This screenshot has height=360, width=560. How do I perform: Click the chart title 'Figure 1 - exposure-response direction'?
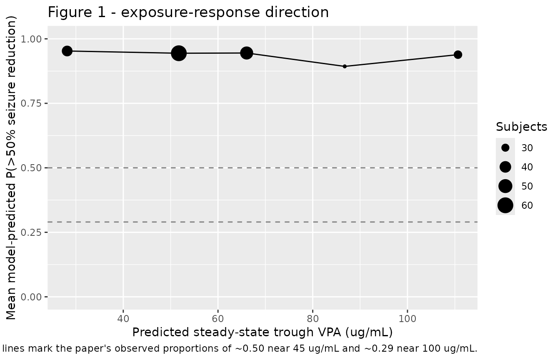pyautogui.click(x=188, y=12)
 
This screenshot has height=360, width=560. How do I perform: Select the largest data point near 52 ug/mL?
pyautogui.click(x=178, y=53)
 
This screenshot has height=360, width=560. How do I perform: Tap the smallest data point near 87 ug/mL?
pyautogui.click(x=345, y=66)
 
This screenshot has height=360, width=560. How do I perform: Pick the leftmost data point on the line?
pyautogui.click(x=67, y=51)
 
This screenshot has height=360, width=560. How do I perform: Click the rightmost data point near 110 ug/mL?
pyautogui.click(x=458, y=55)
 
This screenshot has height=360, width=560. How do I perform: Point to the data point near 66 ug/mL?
pyautogui.click(x=247, y=53)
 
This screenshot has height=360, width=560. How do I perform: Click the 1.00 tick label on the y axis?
pyautogui.click(x=31, y=39)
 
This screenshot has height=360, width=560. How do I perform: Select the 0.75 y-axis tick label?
pyautogui.click(x=31, y=103)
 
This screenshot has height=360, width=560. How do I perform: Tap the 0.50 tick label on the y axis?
pyautogui.click(x=31, y=168)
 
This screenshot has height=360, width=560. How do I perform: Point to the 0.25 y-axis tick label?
pyautogui.click(x=31, y=232)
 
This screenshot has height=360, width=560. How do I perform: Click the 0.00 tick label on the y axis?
pyautogui.click(x=31, y=297)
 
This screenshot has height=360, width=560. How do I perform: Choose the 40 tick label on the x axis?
pyautogui.click(x=123, y=319)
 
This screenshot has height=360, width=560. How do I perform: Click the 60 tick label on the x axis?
pyautogui.click(x=218, y=319)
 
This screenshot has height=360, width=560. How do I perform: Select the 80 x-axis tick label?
pyautogui.click(x=312, y=319)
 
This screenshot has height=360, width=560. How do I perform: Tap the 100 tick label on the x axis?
pyautogui.click(x=407, y=319)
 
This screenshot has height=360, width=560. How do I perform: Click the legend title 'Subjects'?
pyautogui.click(x=522, y=127)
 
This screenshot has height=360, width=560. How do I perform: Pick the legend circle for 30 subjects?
pyautogui.click(x=505, y=148)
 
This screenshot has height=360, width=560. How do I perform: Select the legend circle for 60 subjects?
pyautogui.click(x=505, y=205)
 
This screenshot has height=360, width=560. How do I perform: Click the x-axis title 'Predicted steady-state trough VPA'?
pyautogui.click(x=237, y=332)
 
